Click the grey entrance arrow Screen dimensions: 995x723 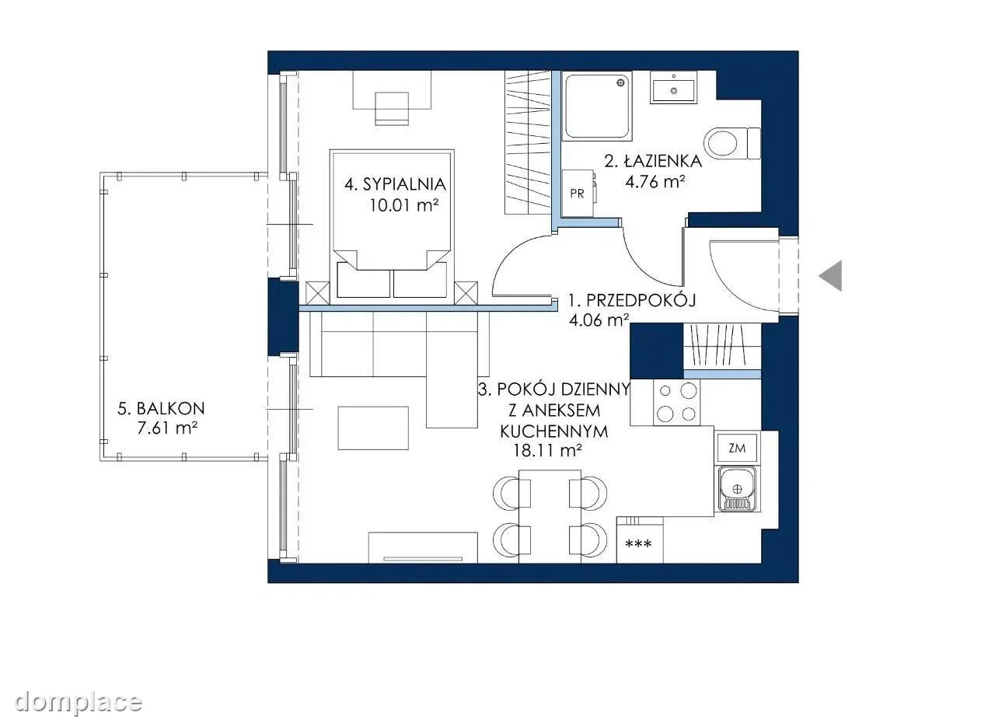click(833, 276)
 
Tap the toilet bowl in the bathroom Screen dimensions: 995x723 click(723, 143)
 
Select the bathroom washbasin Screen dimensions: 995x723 click(673, 88)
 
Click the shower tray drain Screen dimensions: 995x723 click(620, 83)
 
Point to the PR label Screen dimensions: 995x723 click(577, 194)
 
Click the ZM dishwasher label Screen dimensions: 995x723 click(738, 449)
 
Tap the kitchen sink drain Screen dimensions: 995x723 click(737, 490)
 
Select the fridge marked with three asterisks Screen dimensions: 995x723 click(640, 540)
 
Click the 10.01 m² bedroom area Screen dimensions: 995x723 click(404, 205)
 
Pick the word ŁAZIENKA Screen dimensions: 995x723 click(663, 161)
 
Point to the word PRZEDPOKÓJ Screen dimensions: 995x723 click(641, 301)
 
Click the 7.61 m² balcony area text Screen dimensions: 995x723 click(167, 428)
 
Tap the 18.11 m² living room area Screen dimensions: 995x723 click(548, 451)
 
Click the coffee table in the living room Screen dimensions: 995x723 click(373, 428)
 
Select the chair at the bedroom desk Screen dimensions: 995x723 click(392, 109)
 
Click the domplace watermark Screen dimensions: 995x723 click(79, 703)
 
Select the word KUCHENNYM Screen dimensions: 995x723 click(554, 431)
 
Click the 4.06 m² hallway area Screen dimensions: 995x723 click(599, 320)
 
